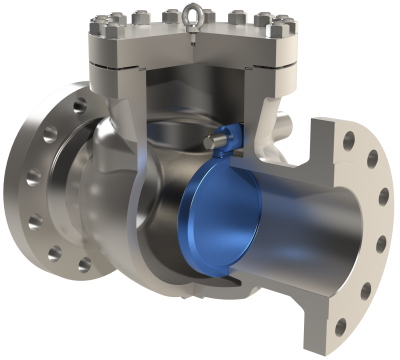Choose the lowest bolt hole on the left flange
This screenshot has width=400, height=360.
tap(84, 265)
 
